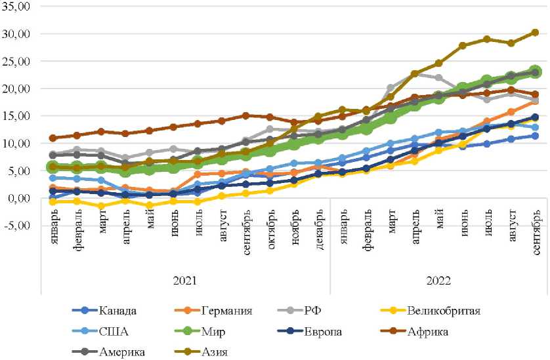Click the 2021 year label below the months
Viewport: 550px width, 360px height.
coord(185,280)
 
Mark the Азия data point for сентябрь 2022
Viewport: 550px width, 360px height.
coord(535,32)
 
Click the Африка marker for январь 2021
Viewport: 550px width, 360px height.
coord(53,138)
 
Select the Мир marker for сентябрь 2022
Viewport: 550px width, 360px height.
coord(535,71)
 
